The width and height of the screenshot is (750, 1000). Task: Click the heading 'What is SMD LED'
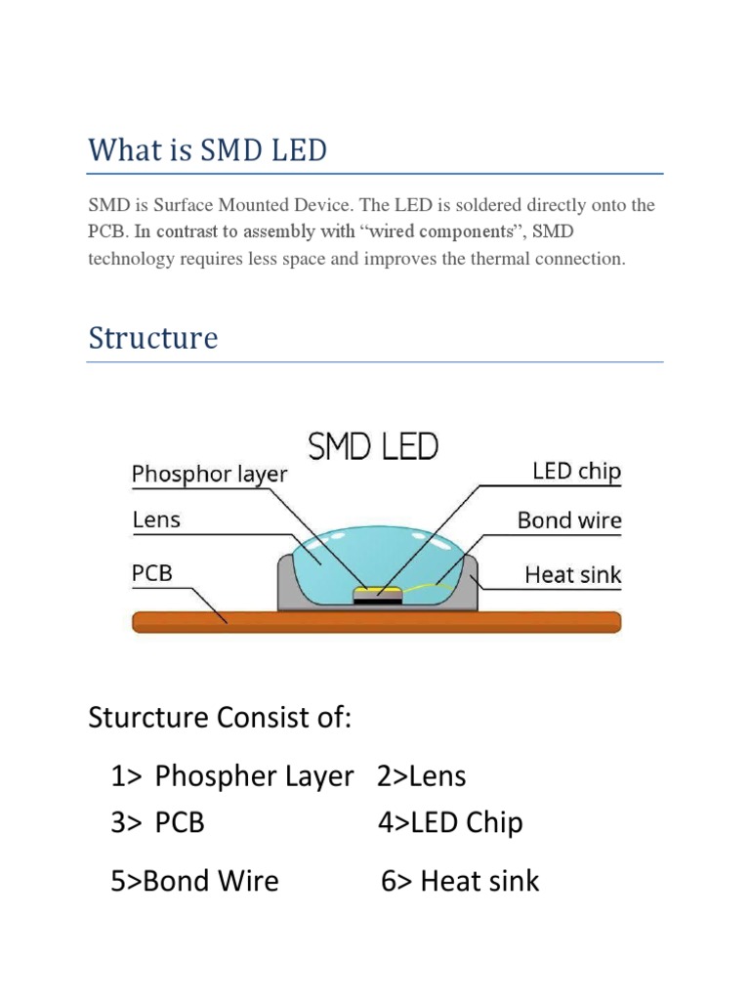click(x=207, y=151)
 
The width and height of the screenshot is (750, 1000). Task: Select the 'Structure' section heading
click(x=153, y=339)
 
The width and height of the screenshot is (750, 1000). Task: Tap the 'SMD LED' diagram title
click(x=374, y=448)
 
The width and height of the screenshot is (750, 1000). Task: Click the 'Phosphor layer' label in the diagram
click(x=210, y=475)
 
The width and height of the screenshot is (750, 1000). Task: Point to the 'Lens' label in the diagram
click(x=156, y=520)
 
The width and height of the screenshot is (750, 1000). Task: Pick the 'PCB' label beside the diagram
click(x=152, y=572)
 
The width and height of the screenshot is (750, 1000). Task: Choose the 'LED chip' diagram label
click(x=576, y=472)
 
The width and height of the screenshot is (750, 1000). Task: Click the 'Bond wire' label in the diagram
click(x=569, y=521)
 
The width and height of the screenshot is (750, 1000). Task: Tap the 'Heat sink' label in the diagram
click(x=572, y=574)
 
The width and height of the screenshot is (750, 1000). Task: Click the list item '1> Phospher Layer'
click(x=232, y=776)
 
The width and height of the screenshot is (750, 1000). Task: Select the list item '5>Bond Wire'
click(x=195, y=881)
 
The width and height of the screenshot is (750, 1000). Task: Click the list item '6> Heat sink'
click(x=460, y=881)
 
